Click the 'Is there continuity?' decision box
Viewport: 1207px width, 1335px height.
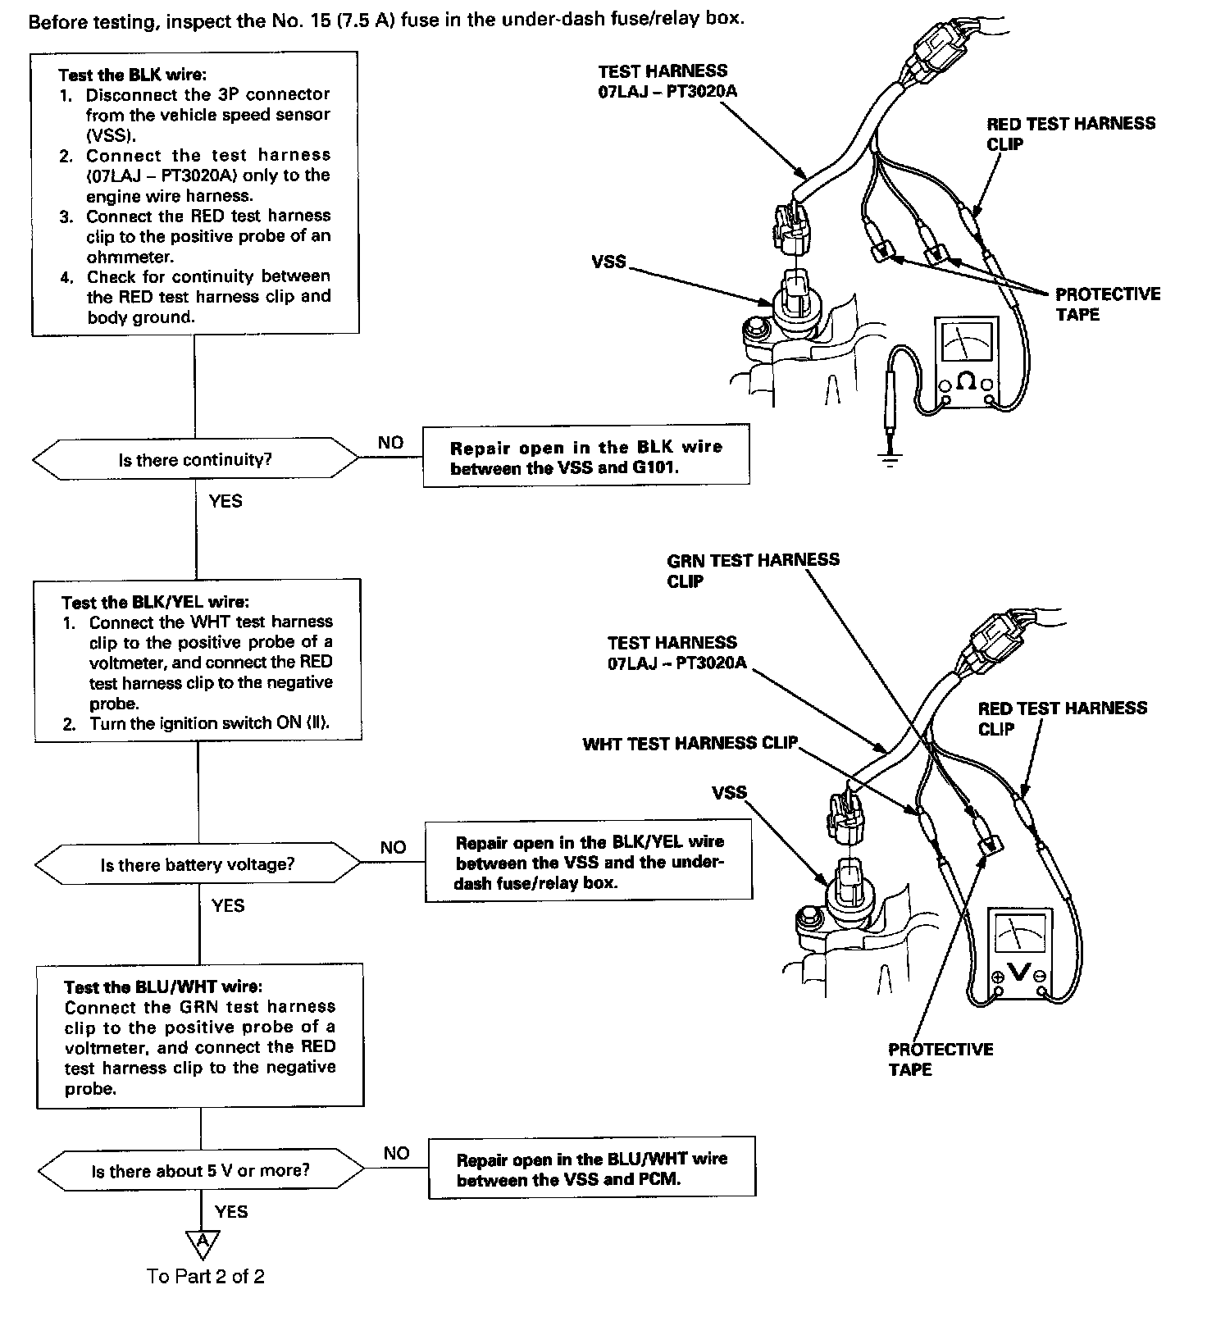(195, 459)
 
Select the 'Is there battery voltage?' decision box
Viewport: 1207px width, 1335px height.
(197, 864)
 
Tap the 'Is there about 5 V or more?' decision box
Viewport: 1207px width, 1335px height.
(200, 1170)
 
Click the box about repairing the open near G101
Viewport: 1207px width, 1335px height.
(585, 457)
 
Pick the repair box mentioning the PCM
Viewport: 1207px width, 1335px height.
(591, 1169)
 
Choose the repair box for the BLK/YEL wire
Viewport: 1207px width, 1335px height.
(588, 862)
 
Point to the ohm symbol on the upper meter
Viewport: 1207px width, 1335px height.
(967, 381)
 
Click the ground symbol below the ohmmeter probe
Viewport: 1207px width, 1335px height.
(890, 458)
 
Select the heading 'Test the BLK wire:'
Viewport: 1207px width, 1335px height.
(126, 75)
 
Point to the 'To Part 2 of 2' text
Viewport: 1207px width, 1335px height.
(206, 1276)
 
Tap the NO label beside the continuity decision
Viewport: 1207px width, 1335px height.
(390, 443)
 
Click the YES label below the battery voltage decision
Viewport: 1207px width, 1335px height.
(228, 905)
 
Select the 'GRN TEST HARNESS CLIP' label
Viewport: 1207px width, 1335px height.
(753, 570)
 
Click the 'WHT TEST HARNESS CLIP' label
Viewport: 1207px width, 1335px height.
(690, 744)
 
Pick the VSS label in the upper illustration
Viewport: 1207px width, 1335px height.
(608, 262)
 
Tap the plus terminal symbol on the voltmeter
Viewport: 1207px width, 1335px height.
(998, 977)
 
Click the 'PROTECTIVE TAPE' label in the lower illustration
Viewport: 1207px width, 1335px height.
(940, 1059)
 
